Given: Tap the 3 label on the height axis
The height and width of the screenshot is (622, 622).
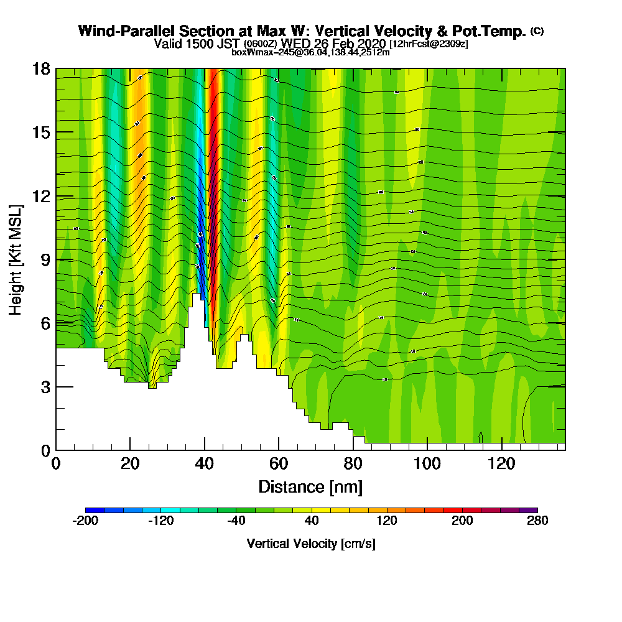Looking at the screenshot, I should click(x=45, y=387).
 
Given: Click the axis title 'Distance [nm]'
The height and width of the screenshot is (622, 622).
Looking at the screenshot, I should click(x=310, y=486).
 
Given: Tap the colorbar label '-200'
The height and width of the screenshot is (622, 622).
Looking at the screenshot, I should click(x=86, y=521).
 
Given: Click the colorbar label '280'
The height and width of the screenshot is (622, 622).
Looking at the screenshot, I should click(x=537, y=521).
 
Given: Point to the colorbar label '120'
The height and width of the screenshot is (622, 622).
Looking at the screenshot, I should click(x=387, y=521).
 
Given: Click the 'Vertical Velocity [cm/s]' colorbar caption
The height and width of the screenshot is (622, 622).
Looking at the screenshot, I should click(x=311, y=544).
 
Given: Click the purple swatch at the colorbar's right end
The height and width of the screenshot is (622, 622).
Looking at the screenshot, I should click(x=532, y=511).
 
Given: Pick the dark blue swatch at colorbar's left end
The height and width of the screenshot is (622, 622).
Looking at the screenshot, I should click(x=90, y=511).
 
